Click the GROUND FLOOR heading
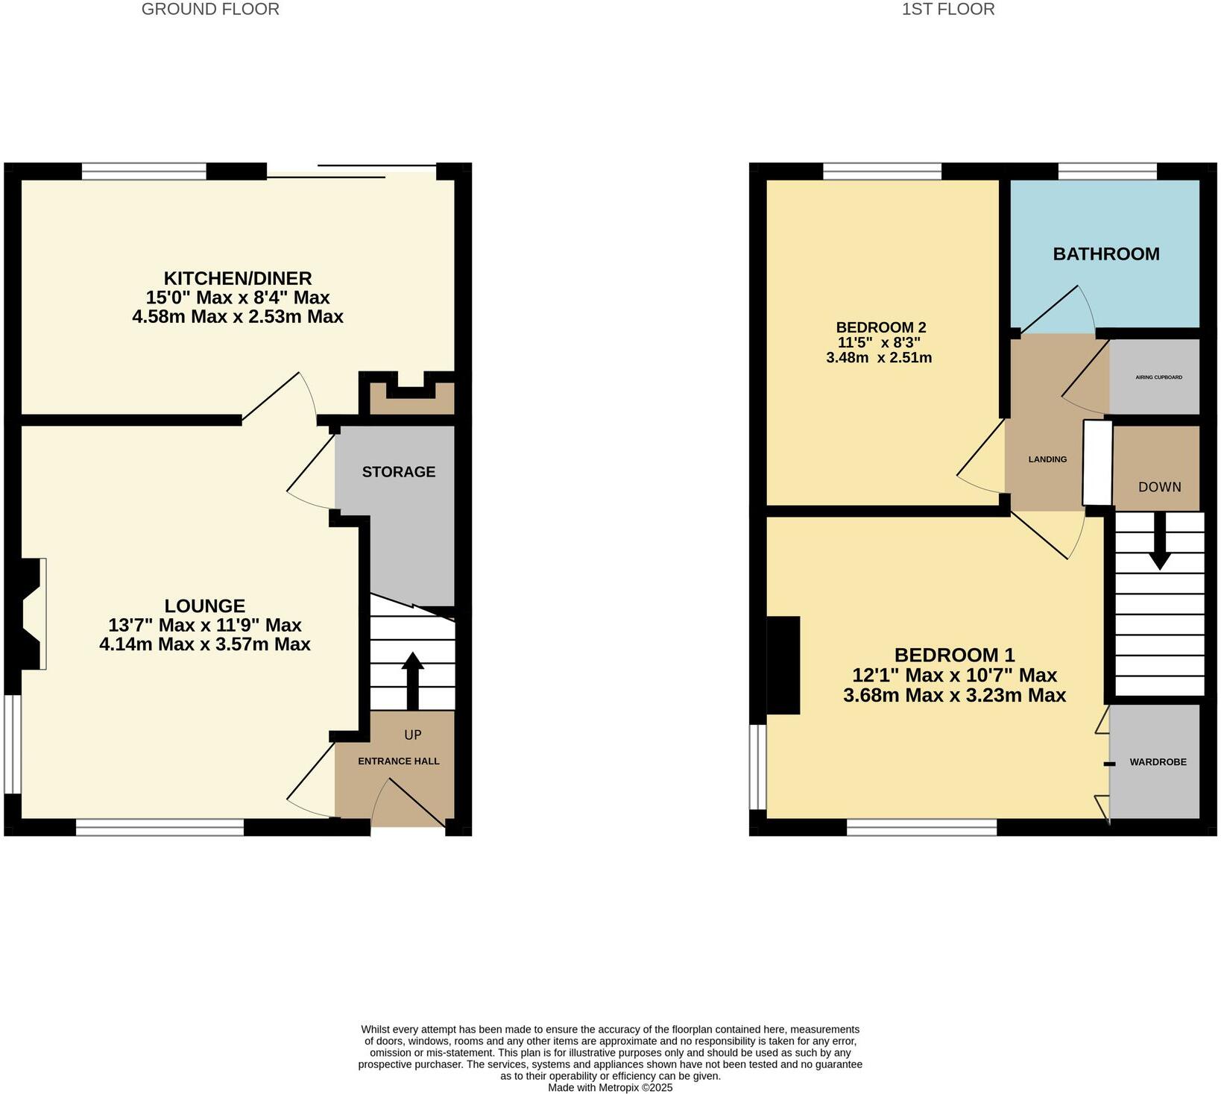coord(210,10)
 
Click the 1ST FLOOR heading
coord(947,10)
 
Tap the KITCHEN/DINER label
coord(238,278)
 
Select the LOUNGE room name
coord(205,606)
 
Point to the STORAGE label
coord(399,472)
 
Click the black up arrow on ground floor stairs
coord(412,679)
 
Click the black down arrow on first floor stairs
coord(1159,541)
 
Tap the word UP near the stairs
coord(413,735)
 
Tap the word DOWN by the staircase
coord(1159,487)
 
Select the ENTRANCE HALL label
coord(399,761)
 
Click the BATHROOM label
coord(1106,254)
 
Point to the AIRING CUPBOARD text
coord(1158,377)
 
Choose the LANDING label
coord(1047,459)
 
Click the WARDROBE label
coord(1158,762)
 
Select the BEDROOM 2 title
coord(880,327)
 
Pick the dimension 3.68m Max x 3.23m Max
coord(954,696)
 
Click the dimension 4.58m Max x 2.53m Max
coord(238,317)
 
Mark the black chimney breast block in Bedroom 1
coord(783,664)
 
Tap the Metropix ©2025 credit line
coord(610,1088)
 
